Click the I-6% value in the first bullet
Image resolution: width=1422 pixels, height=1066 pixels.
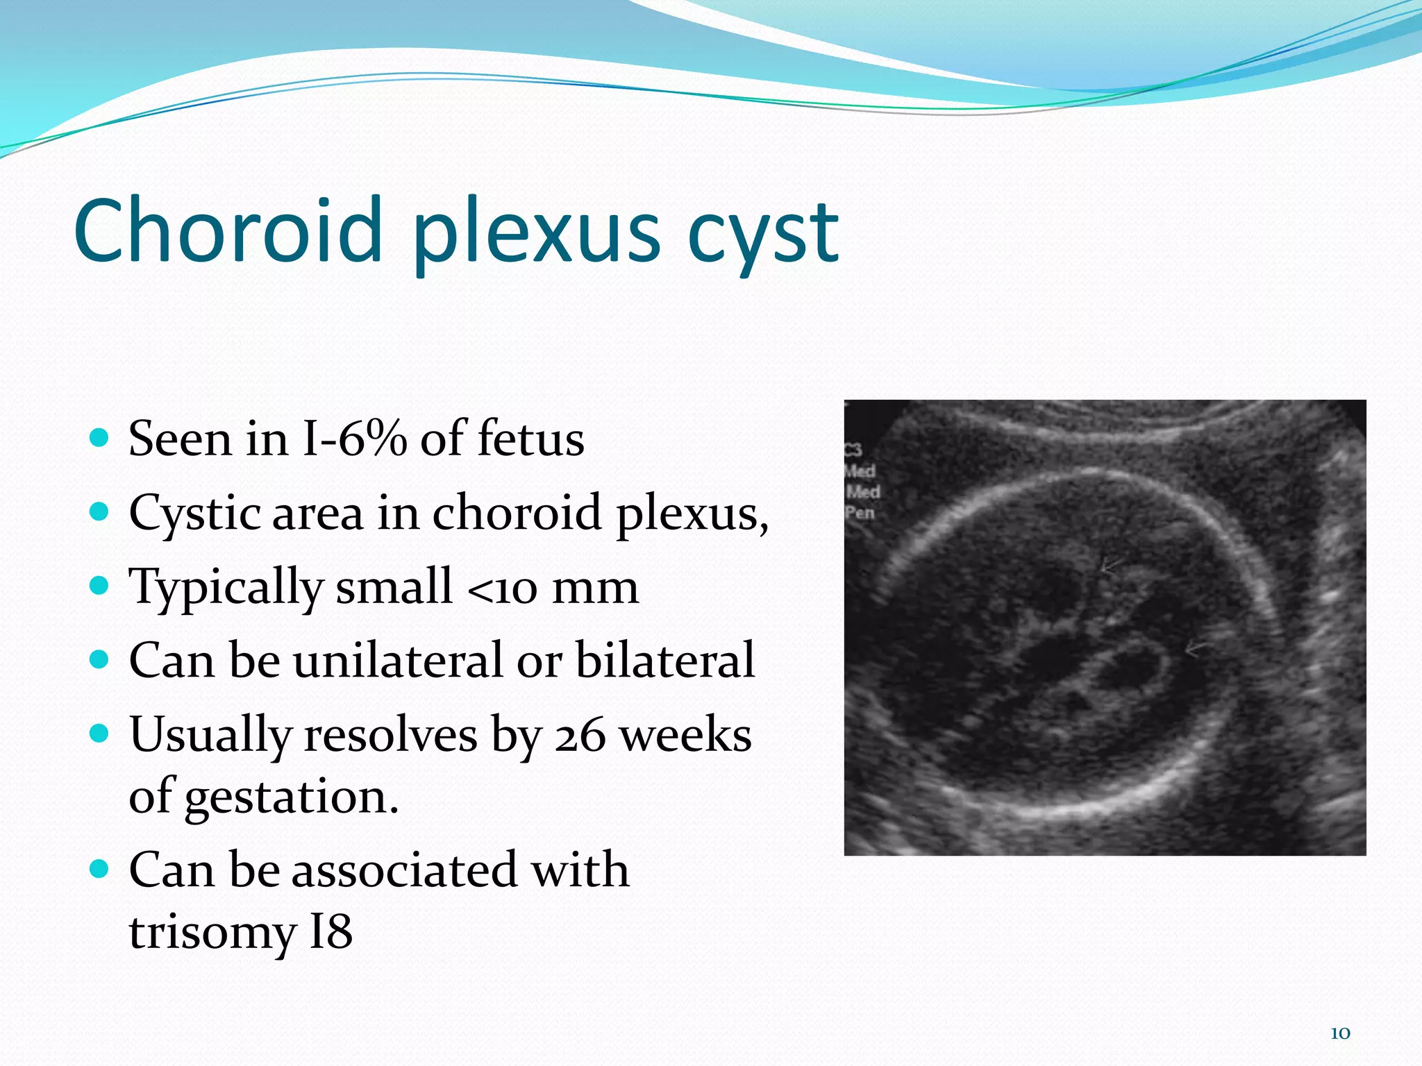coord(354,439)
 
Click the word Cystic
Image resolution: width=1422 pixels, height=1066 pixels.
coord(194,514)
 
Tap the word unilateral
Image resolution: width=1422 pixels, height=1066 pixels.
coord(396,660)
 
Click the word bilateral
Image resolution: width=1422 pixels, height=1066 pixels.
coord(664,660)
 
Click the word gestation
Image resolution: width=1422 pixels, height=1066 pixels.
coord(291,797)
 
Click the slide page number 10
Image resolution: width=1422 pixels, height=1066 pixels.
coord(1340,1033)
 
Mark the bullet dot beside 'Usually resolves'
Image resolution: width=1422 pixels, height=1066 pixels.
coord(100,734)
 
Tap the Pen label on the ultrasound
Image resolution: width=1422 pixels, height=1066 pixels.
coord(860,513)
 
